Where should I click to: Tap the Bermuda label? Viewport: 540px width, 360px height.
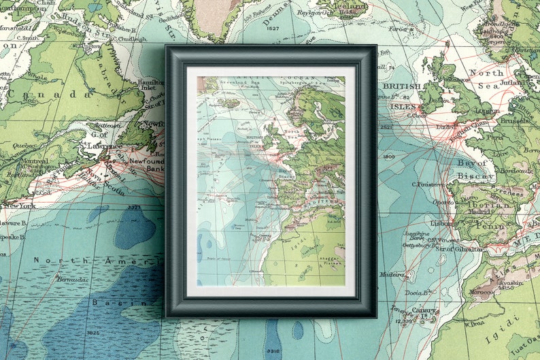pyautogui.click(x=72, y=280)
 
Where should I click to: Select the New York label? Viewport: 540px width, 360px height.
pyautogui.click(x=19, y=205)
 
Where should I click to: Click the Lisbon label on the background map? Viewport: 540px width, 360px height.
pyautogui.click(x=441, y=223)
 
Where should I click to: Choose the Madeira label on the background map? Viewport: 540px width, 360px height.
pyautogui.click(x=392, y=275)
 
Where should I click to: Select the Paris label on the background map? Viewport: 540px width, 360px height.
pyautogui.click(x=494, y=136)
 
